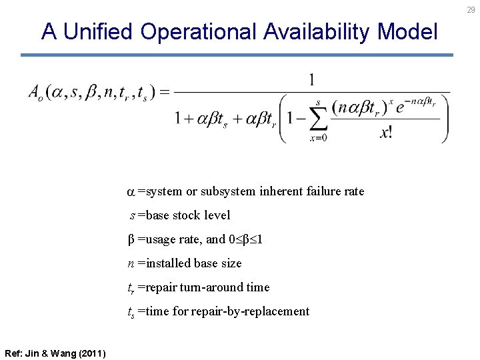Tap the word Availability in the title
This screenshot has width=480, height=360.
pyautogui.click(x=317, y=31)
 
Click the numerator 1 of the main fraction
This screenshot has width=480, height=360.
pyautogui.click(x=311, y=81)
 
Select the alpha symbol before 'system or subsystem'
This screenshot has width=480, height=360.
pyautogui.click(x=131, y=192)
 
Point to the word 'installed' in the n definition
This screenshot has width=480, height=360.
pyautogui.click(x=167, y=263)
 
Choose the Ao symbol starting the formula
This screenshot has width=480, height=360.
pyautogui.click(x=35, y=93)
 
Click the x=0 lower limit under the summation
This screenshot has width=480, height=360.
pyautogui.click(x=318, y=138)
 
